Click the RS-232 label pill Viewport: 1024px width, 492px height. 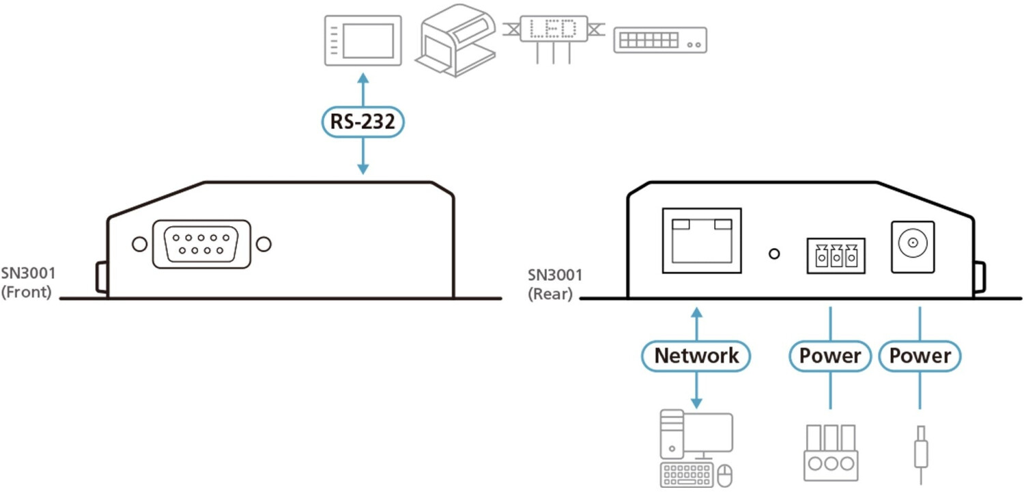[363, 123]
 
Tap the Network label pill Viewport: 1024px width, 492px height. [696, 356]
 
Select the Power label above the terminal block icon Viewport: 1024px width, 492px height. [830, 356]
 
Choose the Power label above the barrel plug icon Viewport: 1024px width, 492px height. [920, 356]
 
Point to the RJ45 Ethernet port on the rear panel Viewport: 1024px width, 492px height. [702, 241]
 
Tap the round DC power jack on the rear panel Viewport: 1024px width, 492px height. [912, 243]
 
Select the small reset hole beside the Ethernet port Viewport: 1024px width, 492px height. [774, 254]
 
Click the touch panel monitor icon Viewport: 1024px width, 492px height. [362, 41]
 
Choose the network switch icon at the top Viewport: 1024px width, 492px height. [659, 40]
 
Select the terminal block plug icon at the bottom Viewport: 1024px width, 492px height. [830, 452]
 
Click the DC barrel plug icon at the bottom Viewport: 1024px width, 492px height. [920, 451]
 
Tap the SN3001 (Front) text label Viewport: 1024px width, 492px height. [28, 284]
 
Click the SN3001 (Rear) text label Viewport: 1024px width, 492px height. [554, 285]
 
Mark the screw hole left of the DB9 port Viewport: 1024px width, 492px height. [139, 244]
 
